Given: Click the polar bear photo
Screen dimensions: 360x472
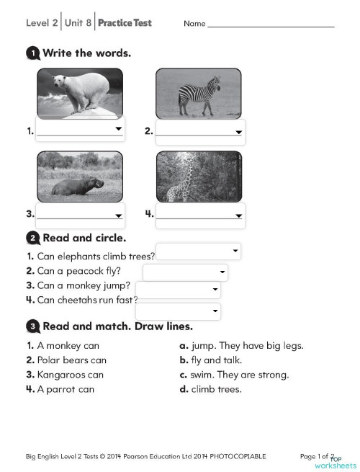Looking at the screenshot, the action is (x=79, y=93).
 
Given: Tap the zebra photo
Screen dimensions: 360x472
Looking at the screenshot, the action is (x=199, y=93).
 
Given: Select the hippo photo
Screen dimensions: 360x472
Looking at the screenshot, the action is (x=79, y=177).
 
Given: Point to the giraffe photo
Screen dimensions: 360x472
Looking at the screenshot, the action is (x=199, y=177).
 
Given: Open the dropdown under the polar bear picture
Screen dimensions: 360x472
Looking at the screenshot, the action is (x=80, y=130).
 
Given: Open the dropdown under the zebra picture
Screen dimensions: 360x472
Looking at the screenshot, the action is (x=200, y=131).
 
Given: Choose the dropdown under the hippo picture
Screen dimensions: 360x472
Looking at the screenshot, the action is (x=80, y=215).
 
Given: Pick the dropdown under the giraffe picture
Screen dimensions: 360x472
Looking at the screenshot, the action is (x=200, y=215).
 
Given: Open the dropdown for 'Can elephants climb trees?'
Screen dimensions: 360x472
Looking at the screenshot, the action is (x=198, y=251).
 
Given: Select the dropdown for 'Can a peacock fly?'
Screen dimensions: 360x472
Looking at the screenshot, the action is (x=185, y=272).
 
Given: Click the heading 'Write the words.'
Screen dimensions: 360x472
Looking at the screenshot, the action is (x=86, y=53).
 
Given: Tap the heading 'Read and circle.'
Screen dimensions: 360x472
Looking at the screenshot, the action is (x=84, y=237).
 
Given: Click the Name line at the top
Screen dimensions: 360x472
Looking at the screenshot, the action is (x=271, y=25).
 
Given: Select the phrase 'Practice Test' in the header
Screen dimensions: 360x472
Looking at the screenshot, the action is (x=125, y=23).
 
